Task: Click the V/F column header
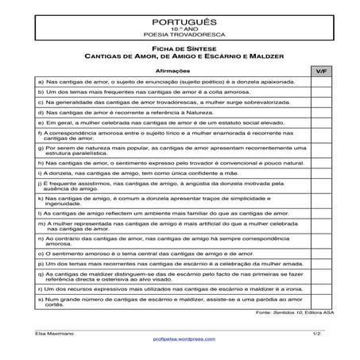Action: point(320,71)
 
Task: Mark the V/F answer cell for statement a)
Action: point(320,81)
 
